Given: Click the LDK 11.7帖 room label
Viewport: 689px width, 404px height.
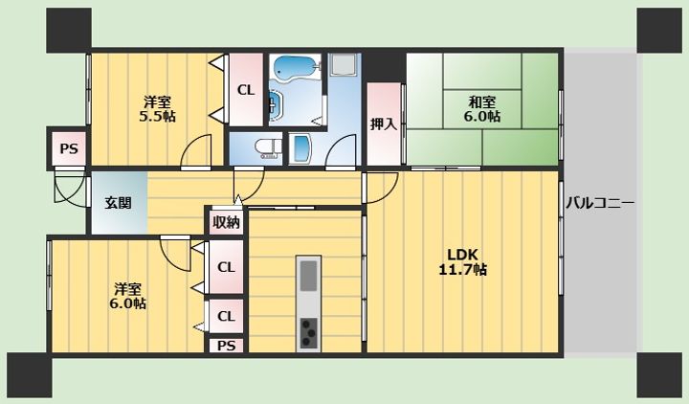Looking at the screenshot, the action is point(462,262).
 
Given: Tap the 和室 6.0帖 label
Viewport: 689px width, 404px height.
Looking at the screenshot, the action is point(482,109).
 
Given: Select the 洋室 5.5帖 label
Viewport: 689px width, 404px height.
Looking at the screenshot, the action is point(157,109).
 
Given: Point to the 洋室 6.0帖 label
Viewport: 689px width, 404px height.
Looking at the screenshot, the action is point(128,297).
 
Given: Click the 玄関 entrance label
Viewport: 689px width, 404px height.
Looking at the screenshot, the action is point(119,203).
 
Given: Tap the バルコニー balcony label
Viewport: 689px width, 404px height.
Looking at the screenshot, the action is point(600,203).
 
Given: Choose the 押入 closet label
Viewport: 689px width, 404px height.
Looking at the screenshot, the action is point(383,123).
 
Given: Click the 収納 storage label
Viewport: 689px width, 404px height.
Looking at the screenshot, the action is point(226,222).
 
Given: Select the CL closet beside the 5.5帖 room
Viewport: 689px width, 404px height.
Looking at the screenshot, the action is point(246,90).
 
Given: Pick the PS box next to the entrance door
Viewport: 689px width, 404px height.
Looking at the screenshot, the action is point(69,148).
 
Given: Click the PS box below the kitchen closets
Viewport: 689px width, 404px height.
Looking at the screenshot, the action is point(226,346).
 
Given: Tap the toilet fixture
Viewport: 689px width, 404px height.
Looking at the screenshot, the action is point(269,147).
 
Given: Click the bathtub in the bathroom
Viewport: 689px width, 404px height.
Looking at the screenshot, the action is point(295,67).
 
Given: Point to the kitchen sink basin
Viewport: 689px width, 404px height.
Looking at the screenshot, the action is point(308,276).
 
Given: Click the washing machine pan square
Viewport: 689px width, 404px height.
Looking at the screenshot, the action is point(344,64).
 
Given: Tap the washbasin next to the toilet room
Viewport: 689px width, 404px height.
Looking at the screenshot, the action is point(301,148).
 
